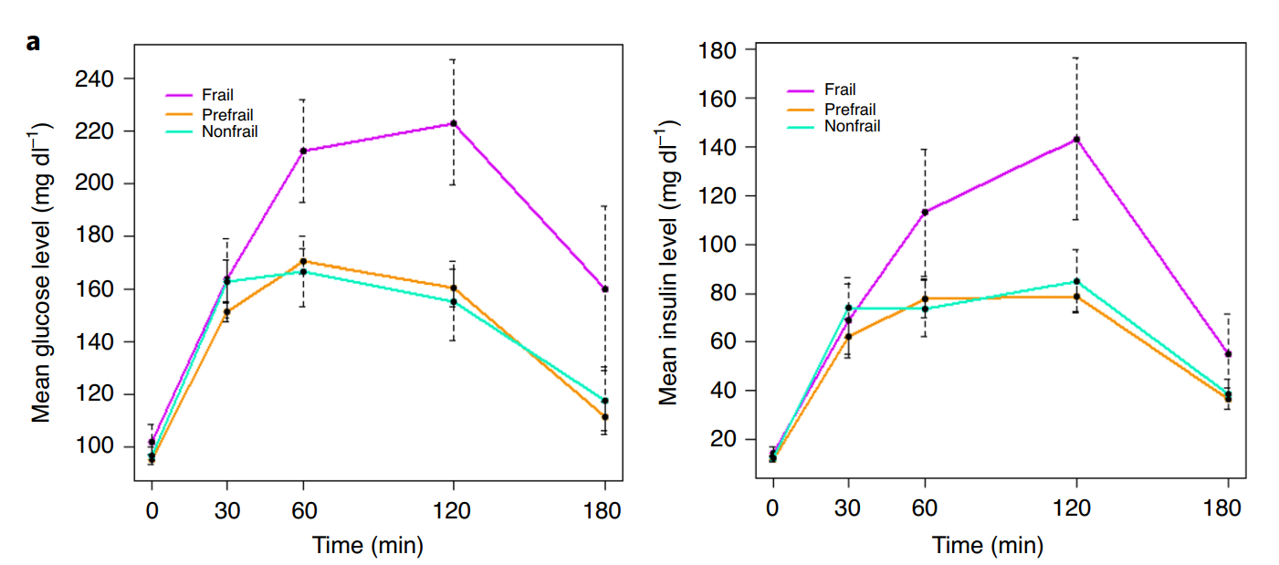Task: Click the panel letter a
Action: pyautogui.click(x=33, y=43)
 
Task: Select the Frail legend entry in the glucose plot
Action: pyautogui.click(x=199, y=95)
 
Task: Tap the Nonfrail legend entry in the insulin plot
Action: pyautogui.click(x=833, y=126)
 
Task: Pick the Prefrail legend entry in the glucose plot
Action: pyautogui.click(x=209, y=115)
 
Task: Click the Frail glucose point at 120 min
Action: pyautogui.click(x=454, y=123)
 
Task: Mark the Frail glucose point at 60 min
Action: pyautogui.click(x=303, y=151)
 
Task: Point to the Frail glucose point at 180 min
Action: pyautogui.click(x=605, y=288)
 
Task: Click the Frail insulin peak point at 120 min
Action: pyautogui.click(x=1077, y=140)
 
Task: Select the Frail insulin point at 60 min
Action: pyautogui.click(x=925, y=213)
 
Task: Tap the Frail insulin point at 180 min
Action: pyautogui.click(x=1228, y=354)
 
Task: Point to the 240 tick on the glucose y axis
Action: pyautogui.click(x=94, y=78)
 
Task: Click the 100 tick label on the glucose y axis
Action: pyautogui.click(x=94, y=445)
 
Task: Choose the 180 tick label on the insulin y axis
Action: pyautogui.click(x=718, y=50)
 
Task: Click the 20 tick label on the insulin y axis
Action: pyautogui.click(x=723, y=439)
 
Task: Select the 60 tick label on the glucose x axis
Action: pyautogui.click(x=304, y=510)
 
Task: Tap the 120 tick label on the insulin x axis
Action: pyautogui.click(x=1072, y=507)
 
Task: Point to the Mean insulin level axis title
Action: pyautogui.click(x=668, y=263)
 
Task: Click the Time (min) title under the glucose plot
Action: pyautogui.click(x=368, y=546)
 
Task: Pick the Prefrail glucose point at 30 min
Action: pyautogui.click(x=226, y=312)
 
